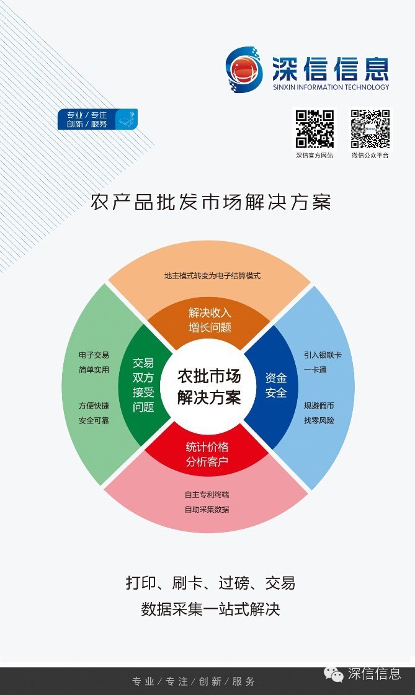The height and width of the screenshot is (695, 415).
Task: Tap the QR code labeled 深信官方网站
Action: click(x=314, y=129)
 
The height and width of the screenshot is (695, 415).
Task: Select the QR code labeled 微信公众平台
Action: click(x=370, y=129)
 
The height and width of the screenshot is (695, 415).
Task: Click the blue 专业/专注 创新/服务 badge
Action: click(x=97, y=119)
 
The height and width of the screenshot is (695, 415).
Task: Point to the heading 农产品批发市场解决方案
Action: click(x=211, y=202)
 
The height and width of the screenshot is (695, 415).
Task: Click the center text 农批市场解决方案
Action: click(x=209, y=387)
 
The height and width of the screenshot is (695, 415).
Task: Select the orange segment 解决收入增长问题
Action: click(x=210, y=320)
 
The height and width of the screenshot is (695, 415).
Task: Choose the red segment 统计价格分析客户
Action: click(x=207, y=454)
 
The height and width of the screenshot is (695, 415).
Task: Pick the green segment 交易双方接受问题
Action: click(x=143, y=385)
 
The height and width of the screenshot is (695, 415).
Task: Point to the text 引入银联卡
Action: click(x=323, y=355)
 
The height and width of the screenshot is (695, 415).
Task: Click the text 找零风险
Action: click(x=319, y=420)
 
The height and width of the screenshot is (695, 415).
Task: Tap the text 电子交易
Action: click(x=94, y=355)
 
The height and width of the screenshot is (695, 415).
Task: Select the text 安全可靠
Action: click(x=94, y=420)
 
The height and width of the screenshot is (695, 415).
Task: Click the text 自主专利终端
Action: click(x=207, y=495)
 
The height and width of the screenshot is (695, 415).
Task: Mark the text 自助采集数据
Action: click(x=207, y=509)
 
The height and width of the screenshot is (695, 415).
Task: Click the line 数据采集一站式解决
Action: click(x=210, y=609)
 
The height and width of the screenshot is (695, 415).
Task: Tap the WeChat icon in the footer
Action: click(x=334, y=675)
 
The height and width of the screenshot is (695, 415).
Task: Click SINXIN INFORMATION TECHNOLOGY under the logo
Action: click(x=331, y=87)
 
